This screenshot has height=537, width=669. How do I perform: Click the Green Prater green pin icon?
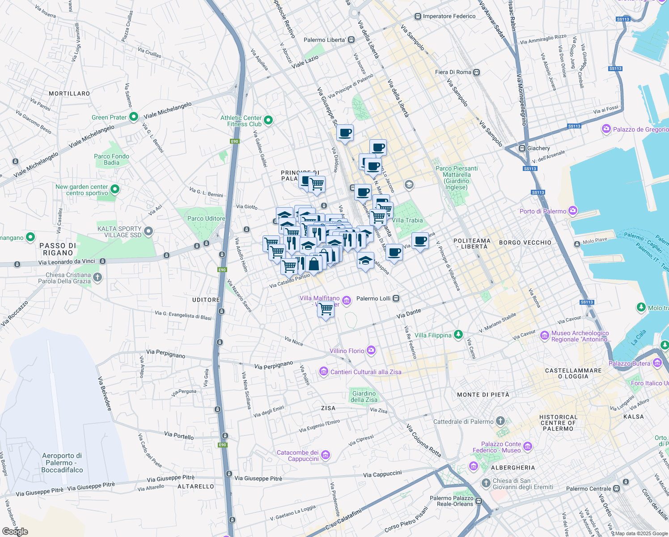coord(133,117)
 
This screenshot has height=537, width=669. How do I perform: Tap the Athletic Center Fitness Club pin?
coord(268,120)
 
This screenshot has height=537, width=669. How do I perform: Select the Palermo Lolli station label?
coord(373,298)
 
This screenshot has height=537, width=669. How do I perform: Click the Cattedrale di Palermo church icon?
coord(500,421)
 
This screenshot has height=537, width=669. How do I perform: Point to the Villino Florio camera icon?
coord(371,350)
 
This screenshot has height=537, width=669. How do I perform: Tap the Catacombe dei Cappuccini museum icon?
coord(326,455)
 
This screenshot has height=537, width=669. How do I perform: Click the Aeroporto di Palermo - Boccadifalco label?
coord(62,463)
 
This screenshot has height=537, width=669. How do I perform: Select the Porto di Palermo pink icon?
coord(573,211)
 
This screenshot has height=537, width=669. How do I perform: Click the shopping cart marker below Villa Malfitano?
coord(326,309)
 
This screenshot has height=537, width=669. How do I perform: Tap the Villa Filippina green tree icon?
coord(458,335)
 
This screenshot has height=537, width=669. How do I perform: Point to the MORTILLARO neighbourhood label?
coord(69,94)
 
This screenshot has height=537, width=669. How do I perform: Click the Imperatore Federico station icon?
coord(418,17)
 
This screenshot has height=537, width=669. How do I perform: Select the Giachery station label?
coord(538,148)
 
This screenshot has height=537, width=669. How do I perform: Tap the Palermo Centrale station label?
coord(589,489)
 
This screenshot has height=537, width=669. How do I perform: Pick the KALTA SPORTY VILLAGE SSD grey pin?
coord(148,231)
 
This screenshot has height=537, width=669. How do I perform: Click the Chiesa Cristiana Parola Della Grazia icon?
coord(97,277)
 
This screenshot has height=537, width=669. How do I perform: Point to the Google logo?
coord(15,532)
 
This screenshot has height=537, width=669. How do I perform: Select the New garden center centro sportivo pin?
coord(115,189)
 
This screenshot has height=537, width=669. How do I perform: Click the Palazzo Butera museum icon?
coord(657,363)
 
